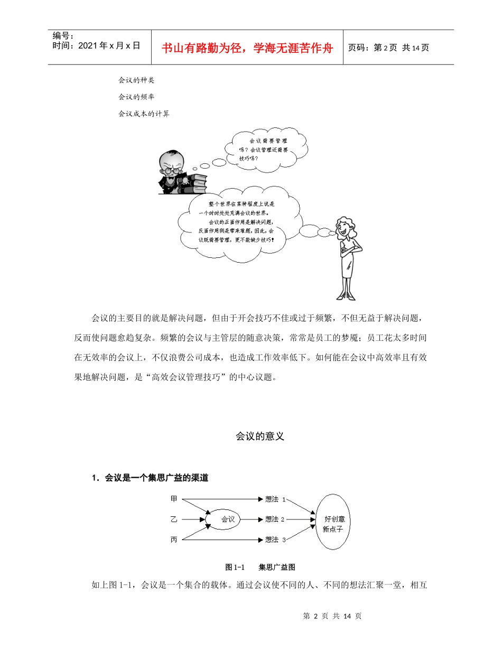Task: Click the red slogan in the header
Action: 247,48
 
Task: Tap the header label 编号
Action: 63,36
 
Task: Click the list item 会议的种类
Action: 136,80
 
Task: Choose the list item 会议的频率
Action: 136,97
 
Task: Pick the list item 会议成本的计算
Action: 144,113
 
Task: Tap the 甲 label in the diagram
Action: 174,498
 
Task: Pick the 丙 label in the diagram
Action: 174,540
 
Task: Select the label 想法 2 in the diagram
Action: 275,519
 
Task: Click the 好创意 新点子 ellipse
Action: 333,522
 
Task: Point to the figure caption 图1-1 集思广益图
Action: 260,567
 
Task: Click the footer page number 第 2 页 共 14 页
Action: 332,616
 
